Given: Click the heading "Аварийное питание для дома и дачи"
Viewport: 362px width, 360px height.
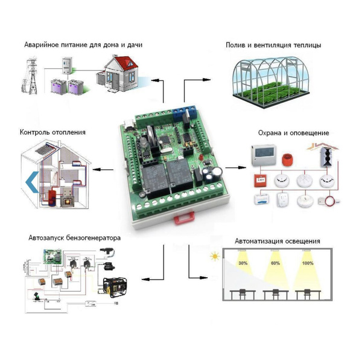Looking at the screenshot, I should pyautogui.click(x=83, y=45).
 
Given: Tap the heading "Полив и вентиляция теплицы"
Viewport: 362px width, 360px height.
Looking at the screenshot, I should pyautogui.click(x=273, y=45).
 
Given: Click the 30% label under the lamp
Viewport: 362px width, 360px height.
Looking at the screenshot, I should pyautogui.click(x=243, y=264).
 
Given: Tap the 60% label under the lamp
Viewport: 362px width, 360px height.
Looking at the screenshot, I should pyautogui.click(x=275, y=264).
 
